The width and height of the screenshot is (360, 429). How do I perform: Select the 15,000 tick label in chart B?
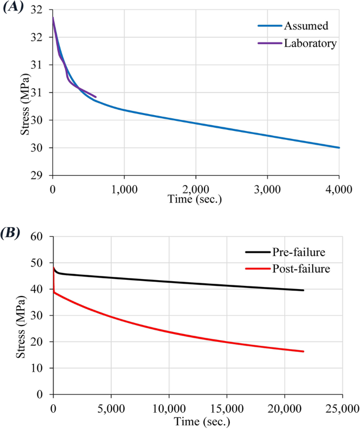(x=227, y=407)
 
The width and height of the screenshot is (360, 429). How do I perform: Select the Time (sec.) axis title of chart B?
(x=197, y=421)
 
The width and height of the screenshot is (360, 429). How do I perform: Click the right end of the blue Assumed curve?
(x=340, y=148)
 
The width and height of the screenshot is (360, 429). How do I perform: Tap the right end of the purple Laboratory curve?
(x=96, y=97)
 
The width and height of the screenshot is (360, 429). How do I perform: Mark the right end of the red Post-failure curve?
(x=303, y=351)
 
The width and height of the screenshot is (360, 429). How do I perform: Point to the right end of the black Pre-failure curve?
(x=303, y=290)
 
